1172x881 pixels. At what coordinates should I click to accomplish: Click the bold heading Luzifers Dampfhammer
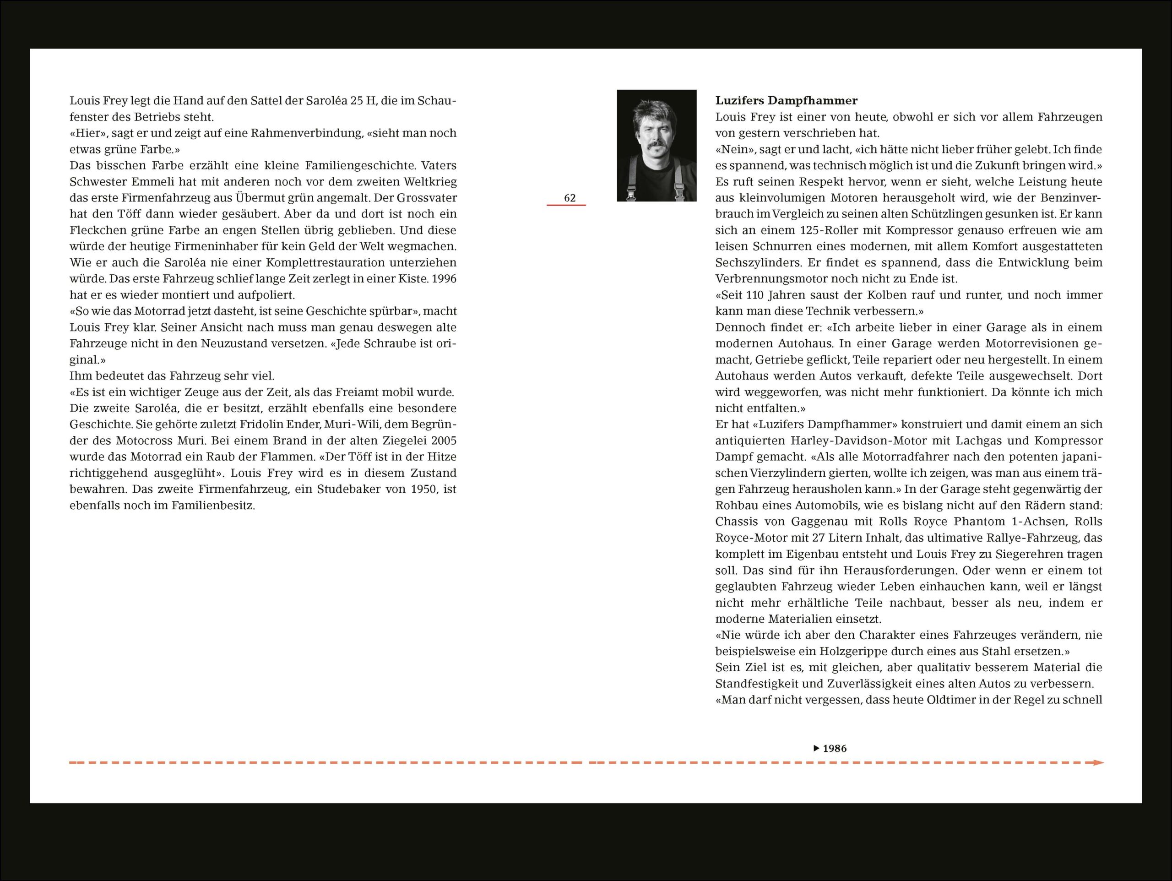point(786,101)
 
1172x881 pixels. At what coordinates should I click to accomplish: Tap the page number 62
point(570,198)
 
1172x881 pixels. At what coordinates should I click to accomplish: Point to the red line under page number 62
point(566,205)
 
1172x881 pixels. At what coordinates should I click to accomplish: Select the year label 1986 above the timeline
point(835,749)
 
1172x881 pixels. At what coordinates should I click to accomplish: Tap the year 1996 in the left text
point(444,279)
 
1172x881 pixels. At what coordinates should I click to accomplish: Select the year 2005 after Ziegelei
point(444,440)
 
